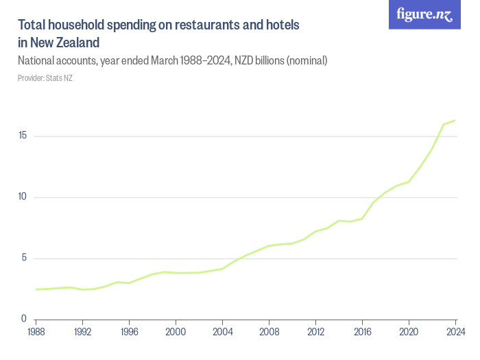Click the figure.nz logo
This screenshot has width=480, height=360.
(x=424, y=14)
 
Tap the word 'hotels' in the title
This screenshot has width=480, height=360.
(x=281, y=25)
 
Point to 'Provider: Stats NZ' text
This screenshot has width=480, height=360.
(x=45, y=77)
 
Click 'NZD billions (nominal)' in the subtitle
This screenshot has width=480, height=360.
(x=281, y=61)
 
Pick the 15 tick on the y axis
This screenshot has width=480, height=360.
(x=23, y=136)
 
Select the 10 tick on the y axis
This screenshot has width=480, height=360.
(x=23, y=197)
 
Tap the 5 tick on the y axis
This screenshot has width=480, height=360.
(x=24, y=259)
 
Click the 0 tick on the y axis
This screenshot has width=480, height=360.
(x=24, y=320)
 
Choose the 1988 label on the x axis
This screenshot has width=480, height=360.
(x=36, y=333)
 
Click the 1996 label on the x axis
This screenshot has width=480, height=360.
(x=130, y=333)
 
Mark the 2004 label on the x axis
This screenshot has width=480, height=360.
(x=223, y=333)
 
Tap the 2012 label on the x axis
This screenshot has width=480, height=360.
(x=315, y=333)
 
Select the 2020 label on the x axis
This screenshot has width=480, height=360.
(x=409, y=333)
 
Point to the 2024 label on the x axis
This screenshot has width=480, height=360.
(x=455, y=333)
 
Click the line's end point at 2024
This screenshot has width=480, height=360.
(x=455, y=121)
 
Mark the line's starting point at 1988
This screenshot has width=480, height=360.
(x=36, y=289)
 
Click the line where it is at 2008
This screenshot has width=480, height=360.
(x=269, y=245)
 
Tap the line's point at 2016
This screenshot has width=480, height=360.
(x=362, y=219)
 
